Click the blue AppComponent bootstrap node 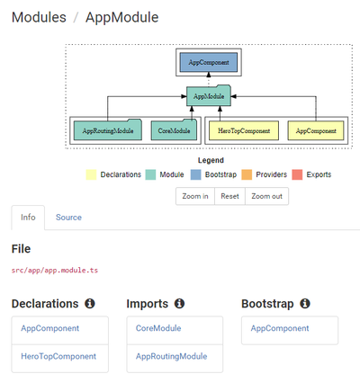(209, 62)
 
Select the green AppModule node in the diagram (209, 95)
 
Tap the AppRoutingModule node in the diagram (108, 129)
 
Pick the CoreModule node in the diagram (174, 129)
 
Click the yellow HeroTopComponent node (244, 130)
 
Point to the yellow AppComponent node (316, 130)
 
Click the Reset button (229, 196)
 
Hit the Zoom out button (266, 196)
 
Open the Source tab (68, 218)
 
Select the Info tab (28, 218)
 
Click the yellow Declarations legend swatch (91, 174)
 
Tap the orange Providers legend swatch (247, 174)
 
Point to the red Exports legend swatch (297, 174)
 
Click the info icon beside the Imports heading (179, 304)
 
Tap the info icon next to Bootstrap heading (305, 304)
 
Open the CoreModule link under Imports (158, 328)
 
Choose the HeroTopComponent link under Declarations (58, 356)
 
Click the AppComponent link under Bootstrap (280, 328)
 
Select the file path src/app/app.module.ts (55, 271)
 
